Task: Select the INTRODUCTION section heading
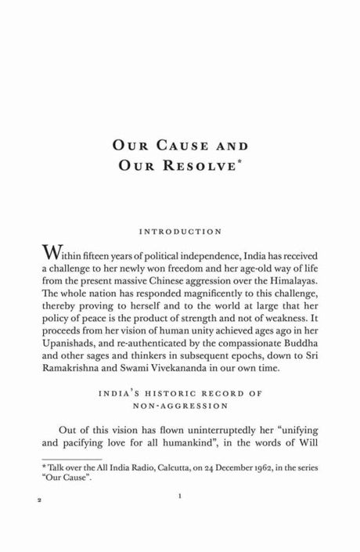click(x=180, y=232)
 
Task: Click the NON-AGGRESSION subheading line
click(x=180, y=423)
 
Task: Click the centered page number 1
click(x=180, y=518)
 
